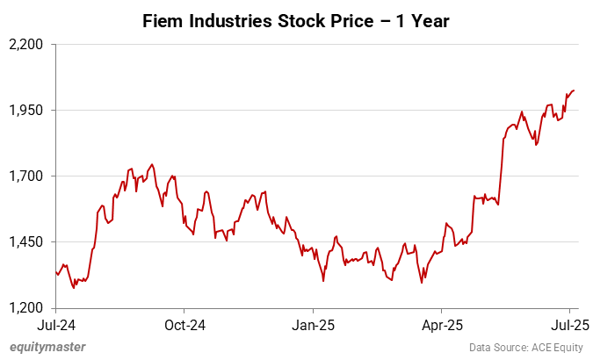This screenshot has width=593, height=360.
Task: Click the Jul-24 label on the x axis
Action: coord(55,324)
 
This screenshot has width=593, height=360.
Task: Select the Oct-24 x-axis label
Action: coord(184,324)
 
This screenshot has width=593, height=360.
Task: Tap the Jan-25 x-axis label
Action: coord(314,324)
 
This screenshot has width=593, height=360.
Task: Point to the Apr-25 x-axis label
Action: coord(441,324)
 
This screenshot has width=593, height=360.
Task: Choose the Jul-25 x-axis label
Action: coord(569,324)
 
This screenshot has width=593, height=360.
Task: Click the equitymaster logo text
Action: coord(47,347)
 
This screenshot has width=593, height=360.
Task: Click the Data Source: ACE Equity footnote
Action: coord(525,347)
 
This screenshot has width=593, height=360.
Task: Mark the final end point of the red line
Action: coord(574,90)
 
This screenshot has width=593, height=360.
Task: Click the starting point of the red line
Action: coord(55,272)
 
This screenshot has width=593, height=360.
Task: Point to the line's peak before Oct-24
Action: coord(152,164)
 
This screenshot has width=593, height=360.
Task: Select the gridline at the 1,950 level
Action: coord(264,110)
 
